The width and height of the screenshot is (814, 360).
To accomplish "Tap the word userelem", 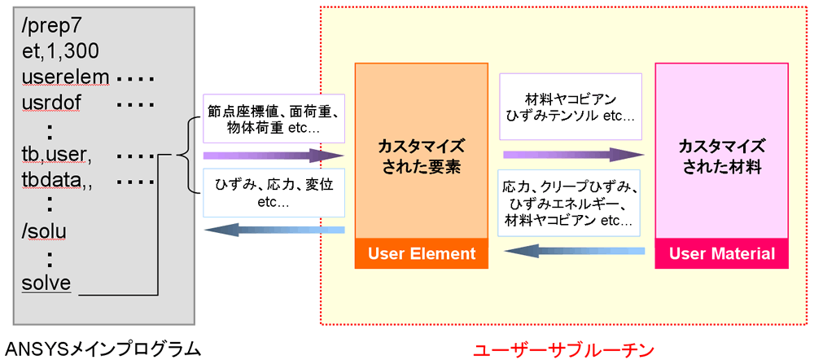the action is click(x=66, y=78).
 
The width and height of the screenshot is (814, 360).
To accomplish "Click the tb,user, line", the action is click(x=57, y=156).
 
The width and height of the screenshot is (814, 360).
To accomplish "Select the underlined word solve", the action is click(x=46, y=283).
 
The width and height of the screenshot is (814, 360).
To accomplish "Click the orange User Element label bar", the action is click(x=422, y=253).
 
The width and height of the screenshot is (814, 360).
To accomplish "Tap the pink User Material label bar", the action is click(x=722, y=253).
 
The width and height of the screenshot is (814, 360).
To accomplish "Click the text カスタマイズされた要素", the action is click(x=422, y=156).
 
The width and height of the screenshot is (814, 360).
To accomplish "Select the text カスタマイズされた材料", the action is click(x=721, y=156).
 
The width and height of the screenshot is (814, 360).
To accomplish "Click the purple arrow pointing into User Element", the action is click(x=274, y=155).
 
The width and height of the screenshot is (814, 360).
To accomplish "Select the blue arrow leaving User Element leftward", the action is click(x=274, y=230).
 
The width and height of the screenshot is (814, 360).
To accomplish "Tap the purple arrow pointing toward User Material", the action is click(x=574, y=155).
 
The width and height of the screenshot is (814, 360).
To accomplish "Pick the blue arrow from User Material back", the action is click(x=575, y=252).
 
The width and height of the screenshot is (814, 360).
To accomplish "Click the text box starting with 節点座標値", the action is click(x=274, y=118).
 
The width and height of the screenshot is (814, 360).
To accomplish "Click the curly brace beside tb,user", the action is click(x=189, y=155).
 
